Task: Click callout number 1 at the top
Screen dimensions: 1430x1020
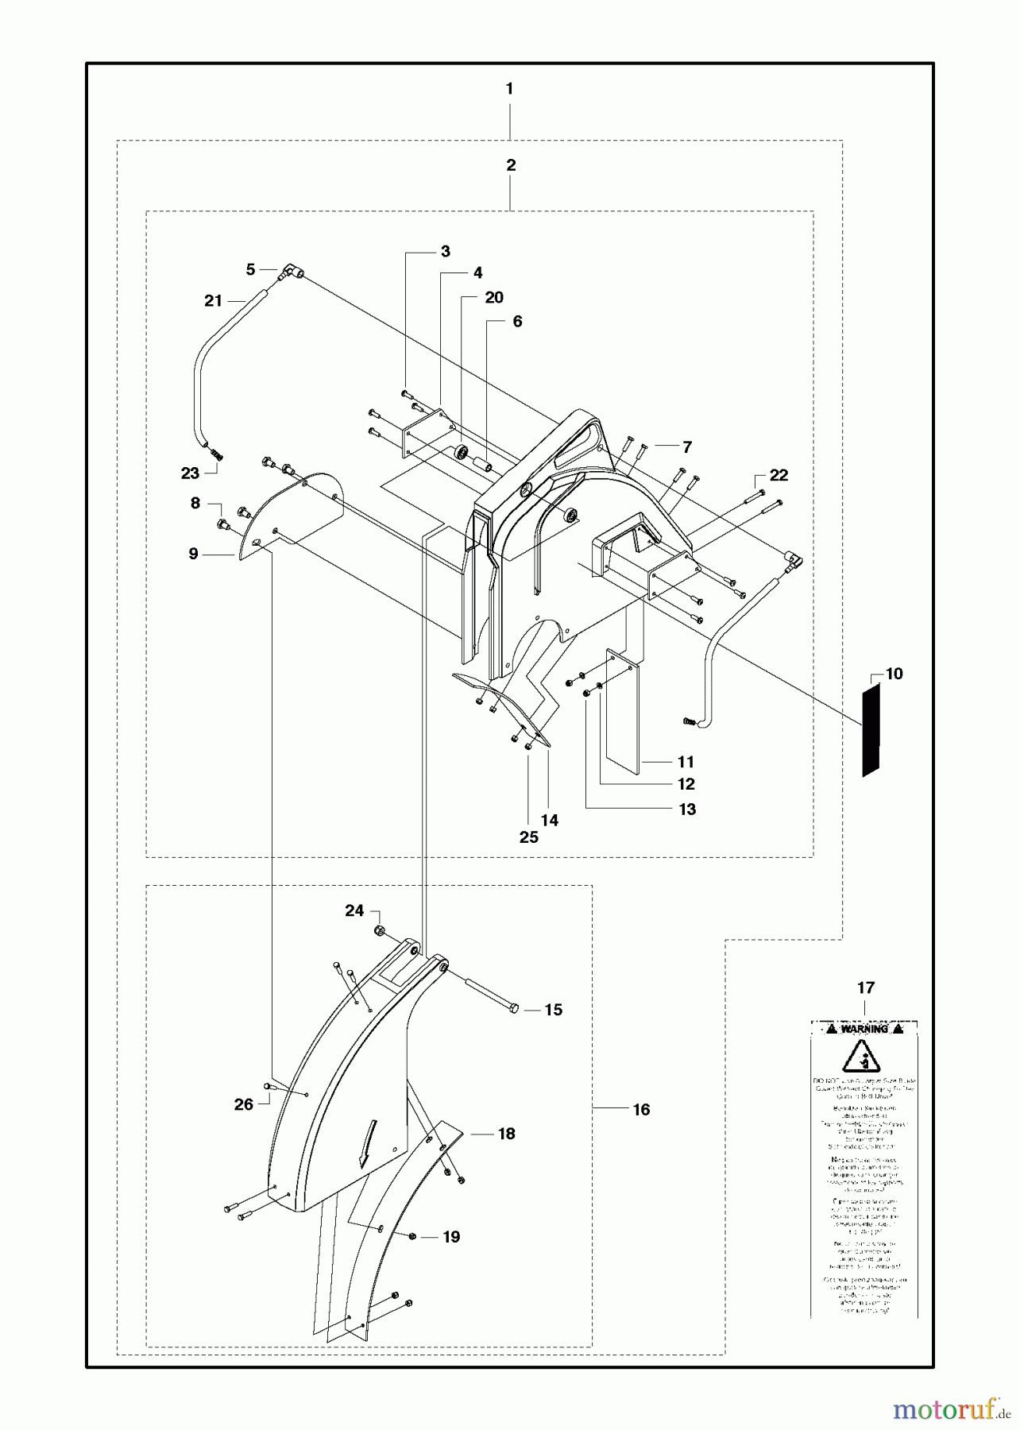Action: coord(509,89)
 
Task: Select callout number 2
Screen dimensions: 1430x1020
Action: coord(511,165)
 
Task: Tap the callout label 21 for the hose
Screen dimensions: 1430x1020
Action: coord(213,300)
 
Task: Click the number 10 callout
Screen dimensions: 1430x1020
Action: coord(894,674)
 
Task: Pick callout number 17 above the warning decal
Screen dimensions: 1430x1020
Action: coord(866,987)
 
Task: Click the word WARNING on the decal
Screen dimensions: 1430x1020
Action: coord(864,1029)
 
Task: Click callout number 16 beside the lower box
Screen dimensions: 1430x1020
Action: coord(641,1110)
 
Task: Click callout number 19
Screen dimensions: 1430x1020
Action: coord(451,1237)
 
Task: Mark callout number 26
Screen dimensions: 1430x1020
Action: coord(243,1104)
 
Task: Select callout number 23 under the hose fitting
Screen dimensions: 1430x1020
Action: coord(190,473)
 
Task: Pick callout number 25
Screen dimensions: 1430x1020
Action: coord(528,837)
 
